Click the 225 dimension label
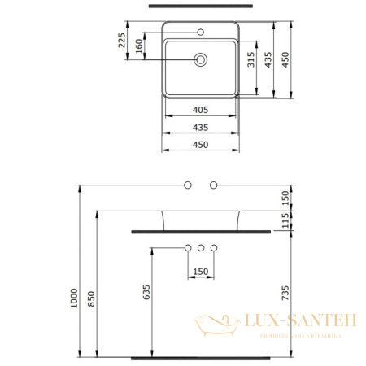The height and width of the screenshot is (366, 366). pos(122,41)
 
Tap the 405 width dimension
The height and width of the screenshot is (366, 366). pos(201,109)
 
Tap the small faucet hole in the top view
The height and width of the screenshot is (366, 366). pos(201,33)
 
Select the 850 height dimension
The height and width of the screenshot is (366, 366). pos(90,299)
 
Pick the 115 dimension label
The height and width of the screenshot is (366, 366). pos(285,220)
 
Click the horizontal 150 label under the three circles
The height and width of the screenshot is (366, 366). pos(201,271)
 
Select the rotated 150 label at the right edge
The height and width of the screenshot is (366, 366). pos(285,196)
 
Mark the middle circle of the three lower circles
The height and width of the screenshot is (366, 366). pos(201,247)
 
